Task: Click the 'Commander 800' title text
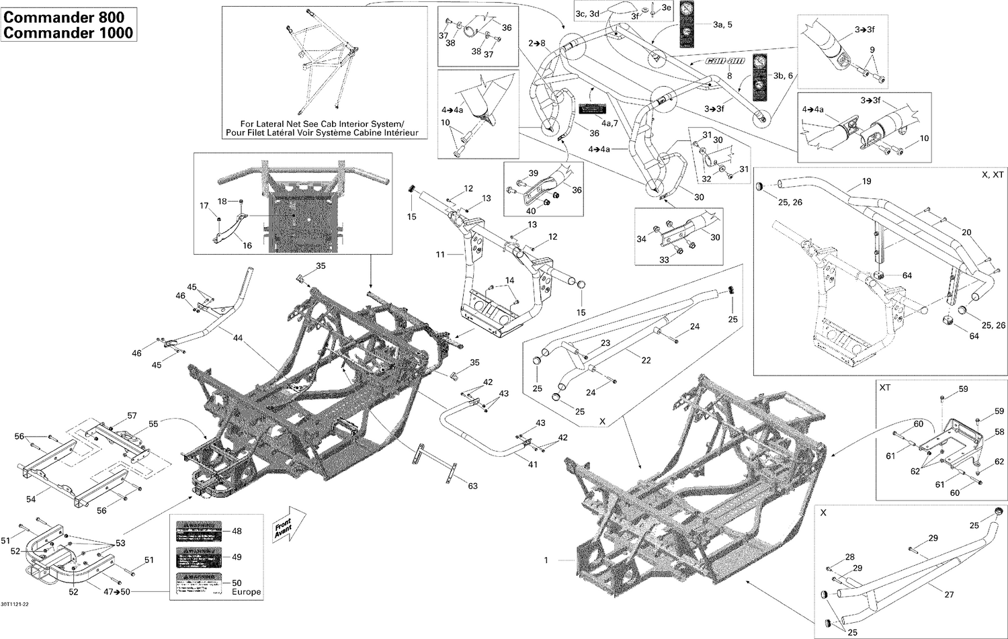[x=68, y=16]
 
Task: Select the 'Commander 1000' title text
[x=68, y=32]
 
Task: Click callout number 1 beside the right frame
[x=546, y=560]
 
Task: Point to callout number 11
[x=441, y=255]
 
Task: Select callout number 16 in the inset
[x=247, y=245]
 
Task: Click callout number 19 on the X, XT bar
[x=866, y=181]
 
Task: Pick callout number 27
[x=949, y=594]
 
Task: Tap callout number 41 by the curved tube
[x=532, y=464]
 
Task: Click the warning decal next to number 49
[x=198, y=557]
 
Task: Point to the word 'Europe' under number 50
[x=246, y=592]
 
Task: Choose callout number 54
[x=31, y=499]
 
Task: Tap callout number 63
[x=472, y=486]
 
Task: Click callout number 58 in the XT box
[x=999, y=432]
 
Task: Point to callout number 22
[x=646, y=360]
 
